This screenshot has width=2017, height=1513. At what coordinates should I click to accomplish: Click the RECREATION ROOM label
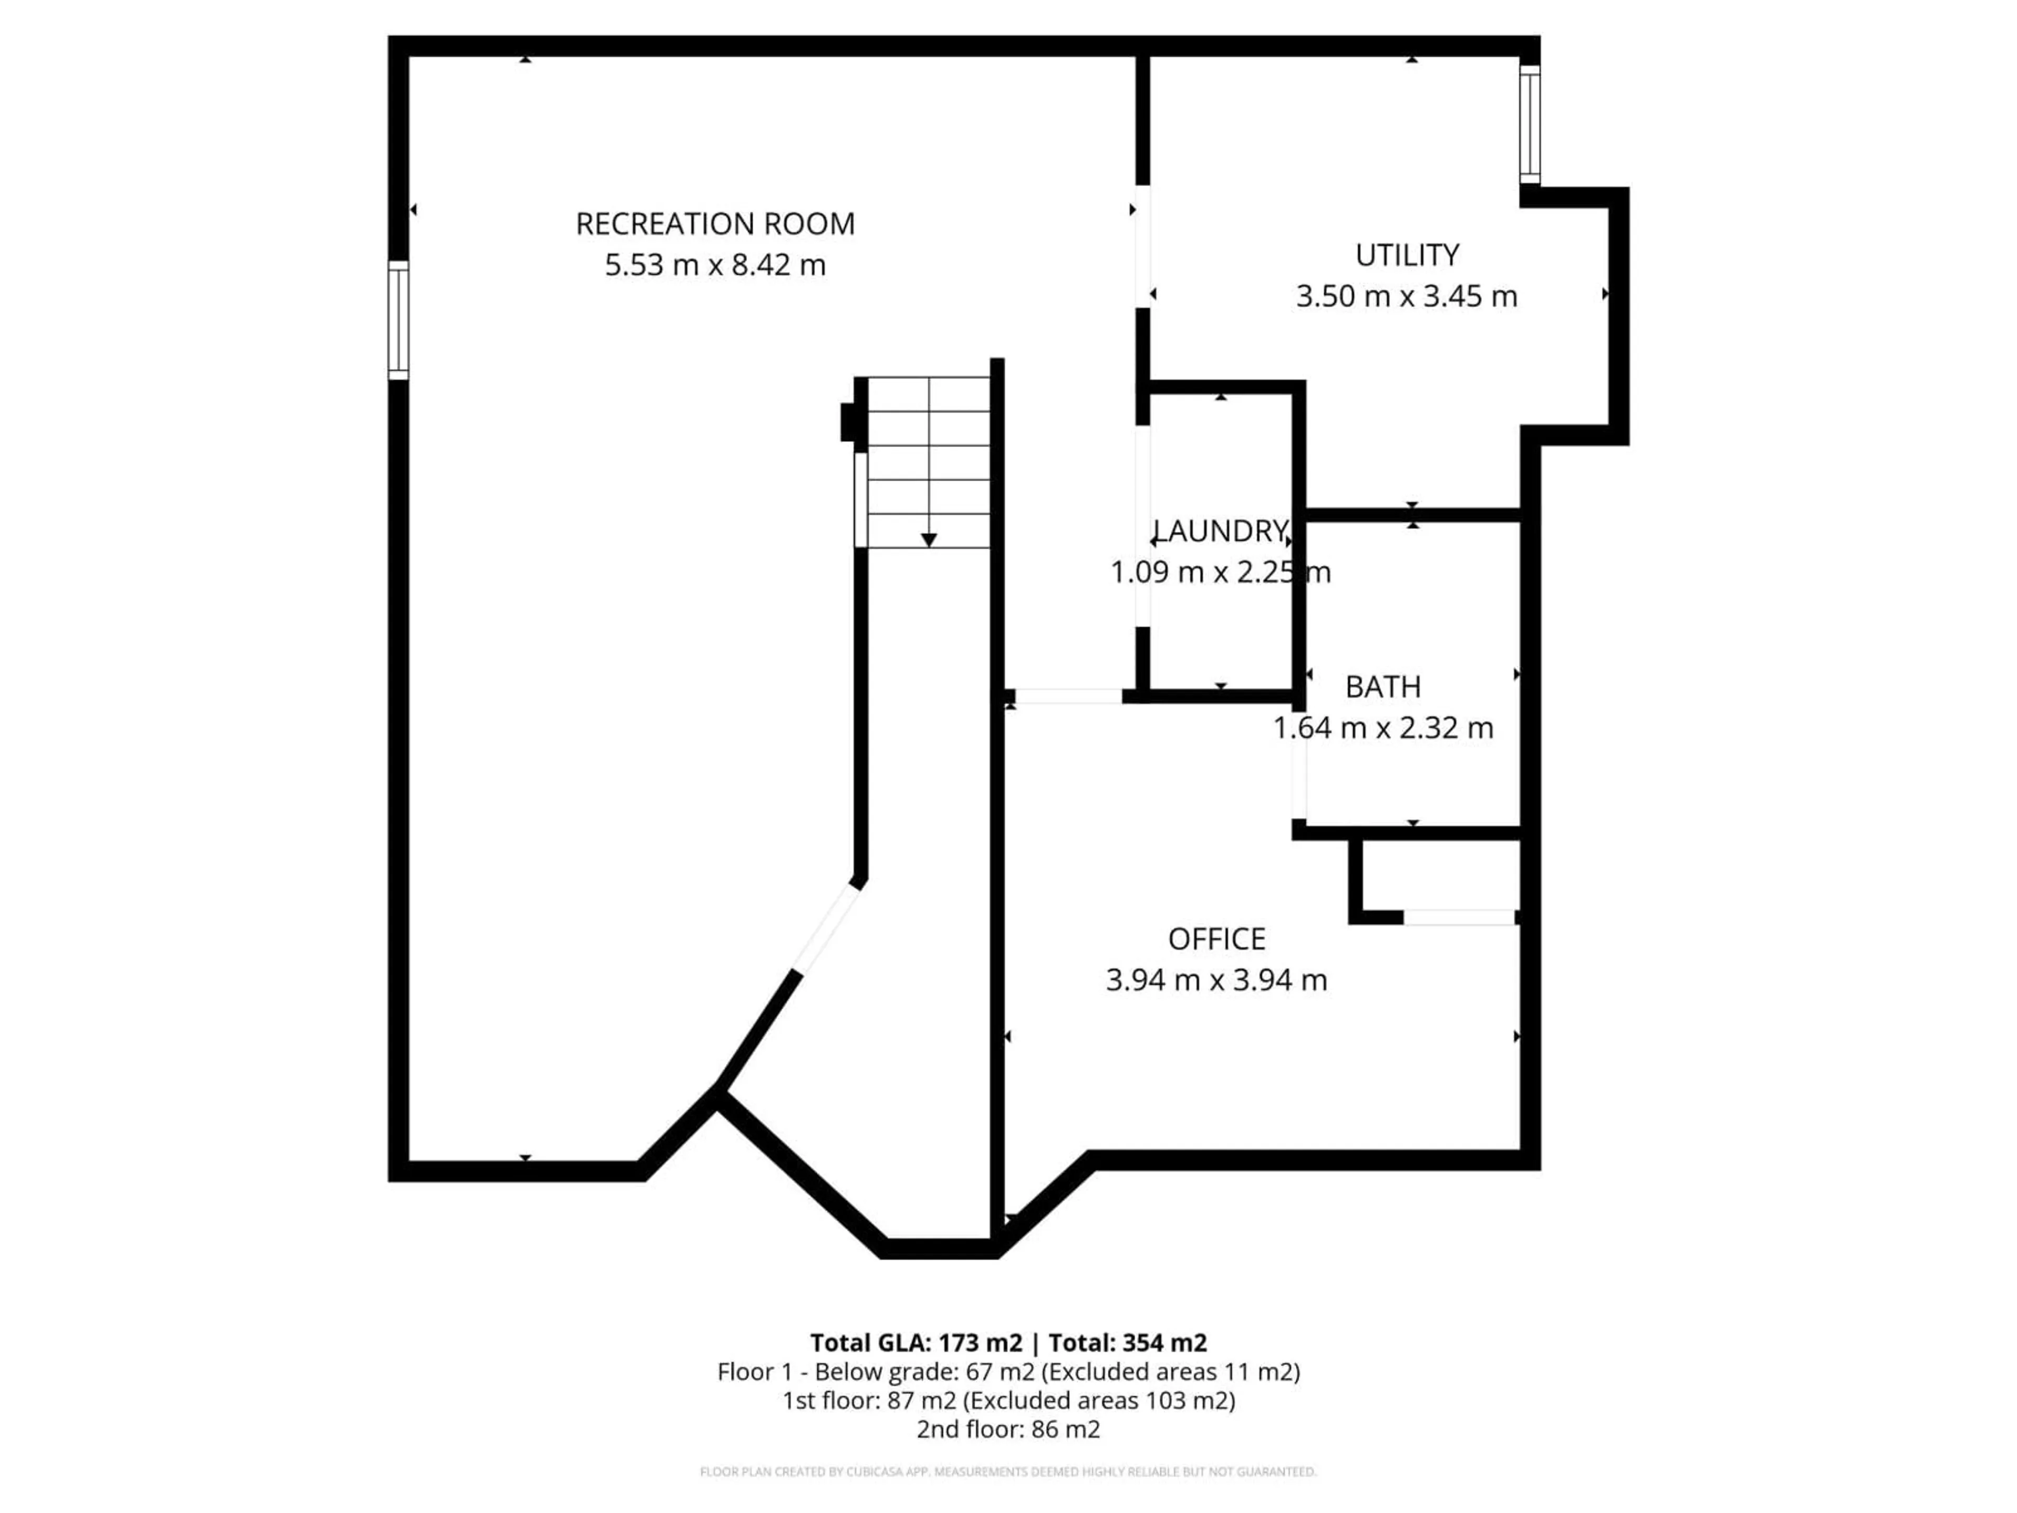(715, 223)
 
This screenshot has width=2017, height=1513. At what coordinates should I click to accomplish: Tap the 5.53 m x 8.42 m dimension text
(715, 265)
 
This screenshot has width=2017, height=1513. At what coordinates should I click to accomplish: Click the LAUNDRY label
(1220, 531)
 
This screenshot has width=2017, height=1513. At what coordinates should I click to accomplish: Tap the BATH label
(1382, 687)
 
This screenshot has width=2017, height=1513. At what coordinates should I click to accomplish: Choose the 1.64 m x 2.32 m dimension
(1382, 728)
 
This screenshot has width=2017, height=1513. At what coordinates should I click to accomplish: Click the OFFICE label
(1217, 938)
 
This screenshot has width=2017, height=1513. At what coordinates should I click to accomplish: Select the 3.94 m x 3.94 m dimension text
(1217, 980)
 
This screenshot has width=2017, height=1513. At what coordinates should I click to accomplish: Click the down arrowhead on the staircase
(928, 540)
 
